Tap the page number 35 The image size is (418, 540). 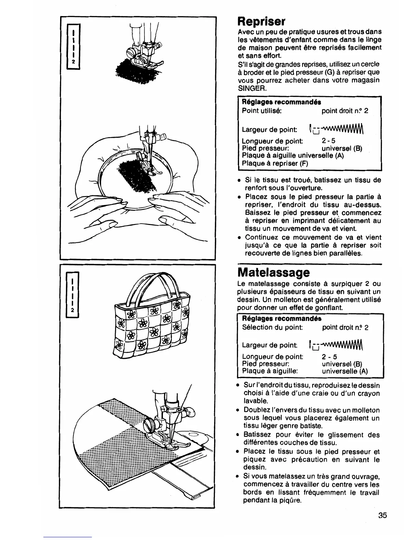tap(382, 515)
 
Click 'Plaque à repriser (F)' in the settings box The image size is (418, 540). tap(275, 163)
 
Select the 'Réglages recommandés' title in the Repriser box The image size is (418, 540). tap(281, 102)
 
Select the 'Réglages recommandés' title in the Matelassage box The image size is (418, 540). tap(281, 318)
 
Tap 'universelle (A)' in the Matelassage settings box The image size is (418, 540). tap(345, 371)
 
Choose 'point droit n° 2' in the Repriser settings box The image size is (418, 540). tap(345, 111)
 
